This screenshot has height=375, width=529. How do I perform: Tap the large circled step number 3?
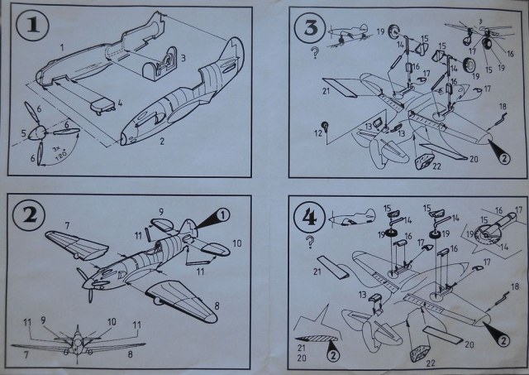(x=311, y=30)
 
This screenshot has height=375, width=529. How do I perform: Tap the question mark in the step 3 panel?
(x=314, y=55)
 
